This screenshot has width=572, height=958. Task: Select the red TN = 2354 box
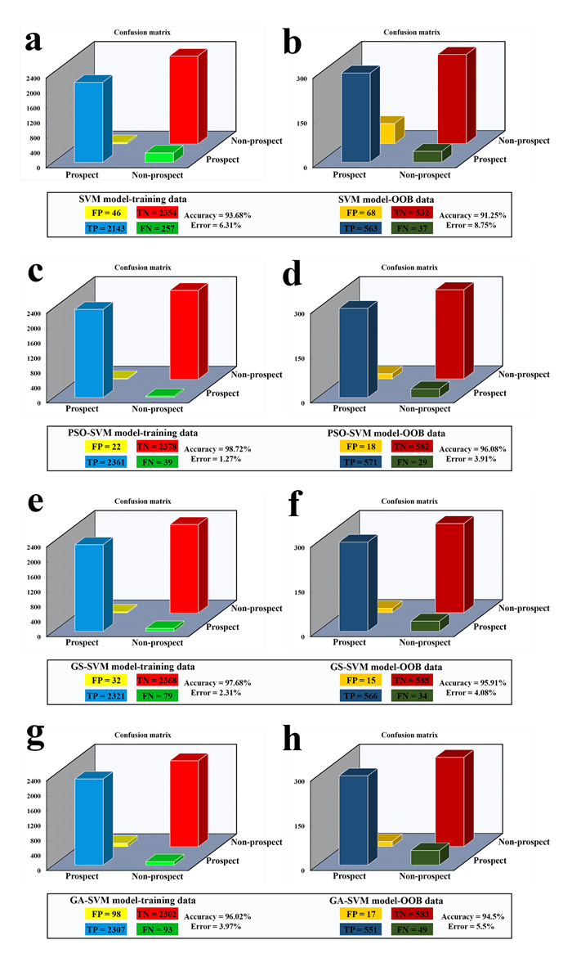click(157, 213)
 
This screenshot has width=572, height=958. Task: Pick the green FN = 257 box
click(157, 228)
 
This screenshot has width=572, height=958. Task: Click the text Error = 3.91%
click(476, 459)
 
